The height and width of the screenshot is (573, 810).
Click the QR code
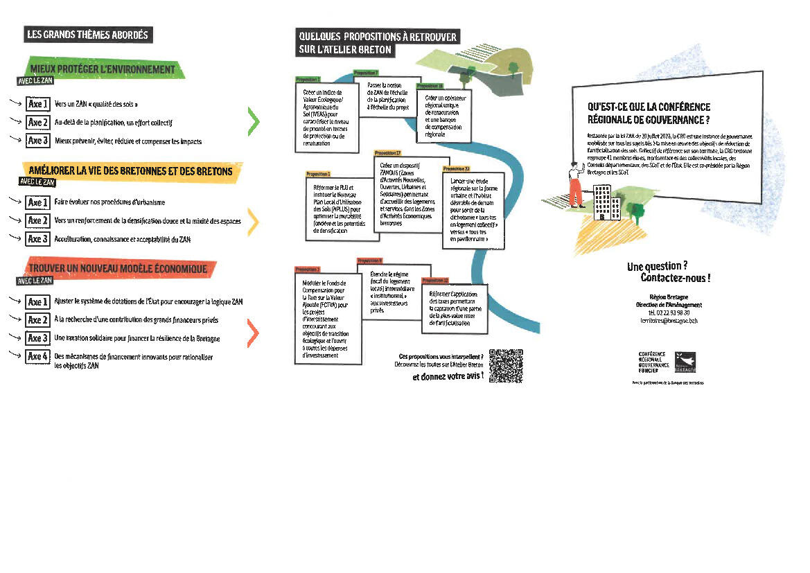coord(506,365)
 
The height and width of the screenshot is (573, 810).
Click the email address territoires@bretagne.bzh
coord(669,321)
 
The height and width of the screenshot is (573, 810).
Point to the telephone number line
coord(669,312)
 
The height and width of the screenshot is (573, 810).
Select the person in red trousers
coord(574,185)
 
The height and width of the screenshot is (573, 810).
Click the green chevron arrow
coord(254,122)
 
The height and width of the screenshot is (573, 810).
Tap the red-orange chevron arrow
coord(254,335)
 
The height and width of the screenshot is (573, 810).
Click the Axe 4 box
coord(37,356)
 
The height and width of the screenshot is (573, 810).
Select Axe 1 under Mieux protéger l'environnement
coord(37,105)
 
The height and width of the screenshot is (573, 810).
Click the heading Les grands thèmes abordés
coord(87,35)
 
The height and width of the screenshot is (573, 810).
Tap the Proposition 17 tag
coord(387,152)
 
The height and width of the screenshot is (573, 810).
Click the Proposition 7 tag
coord(366,73)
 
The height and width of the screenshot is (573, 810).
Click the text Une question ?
coord(657,266)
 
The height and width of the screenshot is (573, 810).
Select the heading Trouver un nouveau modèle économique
coord(118,268)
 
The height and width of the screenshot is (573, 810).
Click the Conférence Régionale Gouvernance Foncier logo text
coord(653,362)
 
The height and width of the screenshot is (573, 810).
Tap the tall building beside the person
coord(600,202)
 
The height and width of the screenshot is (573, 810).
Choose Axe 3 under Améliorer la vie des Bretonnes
coord(37,238)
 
